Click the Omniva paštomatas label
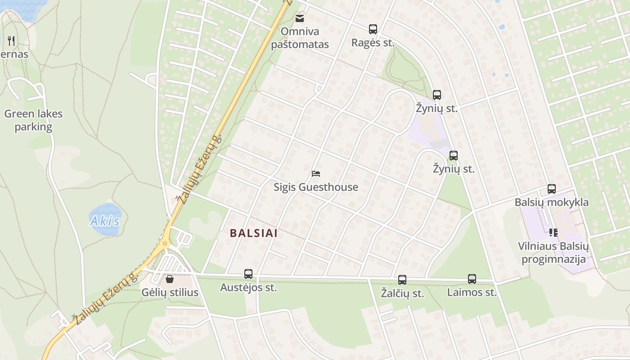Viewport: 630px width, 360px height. pos(300,38)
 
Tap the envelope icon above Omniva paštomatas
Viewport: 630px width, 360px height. pos(300,18)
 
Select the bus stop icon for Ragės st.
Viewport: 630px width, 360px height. pos(373,29)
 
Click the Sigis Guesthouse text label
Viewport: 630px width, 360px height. pos(316,187)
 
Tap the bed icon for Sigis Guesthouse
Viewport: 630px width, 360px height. pos(316,174)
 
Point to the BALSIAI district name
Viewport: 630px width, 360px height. pos(254,234)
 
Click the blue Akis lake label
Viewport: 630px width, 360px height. pos(105,221)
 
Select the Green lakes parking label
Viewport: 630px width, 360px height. pos(33,120)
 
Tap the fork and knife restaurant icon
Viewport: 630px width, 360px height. pos(12,41)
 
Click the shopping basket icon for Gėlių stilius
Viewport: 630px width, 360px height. pos(170,279)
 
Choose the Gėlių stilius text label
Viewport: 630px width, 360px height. pos(170,292)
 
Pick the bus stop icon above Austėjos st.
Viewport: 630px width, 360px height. pos(248,274)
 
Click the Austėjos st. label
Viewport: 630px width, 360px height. pos(248,288)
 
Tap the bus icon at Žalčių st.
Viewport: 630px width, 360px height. pos(402,280)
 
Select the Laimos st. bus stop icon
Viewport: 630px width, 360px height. pos(472,279)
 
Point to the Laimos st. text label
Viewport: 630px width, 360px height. pos(472,292)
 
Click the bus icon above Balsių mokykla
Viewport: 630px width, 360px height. pos(552,189)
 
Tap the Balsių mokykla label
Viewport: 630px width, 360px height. pos(552,202)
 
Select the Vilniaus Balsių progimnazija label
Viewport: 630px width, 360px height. pos(553,253)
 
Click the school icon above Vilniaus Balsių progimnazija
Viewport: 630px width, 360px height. pos(553,233)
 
